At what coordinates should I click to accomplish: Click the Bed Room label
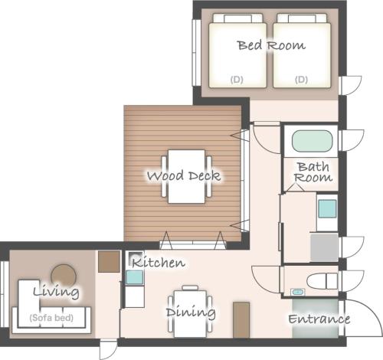(x=271, y=45)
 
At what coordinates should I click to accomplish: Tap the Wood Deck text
(x=184, y=175)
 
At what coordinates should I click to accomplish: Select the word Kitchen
(x=159, y=262)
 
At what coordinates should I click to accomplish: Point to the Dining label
(x=191, y=313)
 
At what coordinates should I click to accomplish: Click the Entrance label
(x=319, y=319)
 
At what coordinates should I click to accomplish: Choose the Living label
(x=56, y=291)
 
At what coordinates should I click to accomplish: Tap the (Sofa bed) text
(x=51, y=318)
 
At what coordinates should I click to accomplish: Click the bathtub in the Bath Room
(x=312, y=141)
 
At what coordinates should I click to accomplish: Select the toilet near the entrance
(x=322, y=280)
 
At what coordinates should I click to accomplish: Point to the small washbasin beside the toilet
(x=298, y=292)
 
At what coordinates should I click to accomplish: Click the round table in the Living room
(x=64, y=275)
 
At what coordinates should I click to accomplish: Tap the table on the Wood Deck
(x=186, y=176)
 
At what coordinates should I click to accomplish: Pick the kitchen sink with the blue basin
(x=135, y=277)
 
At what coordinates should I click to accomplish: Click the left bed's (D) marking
(x=237, y=80)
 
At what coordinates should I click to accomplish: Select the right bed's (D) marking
(x=301, y=80)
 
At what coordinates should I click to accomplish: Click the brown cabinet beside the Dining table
(x=241, y=320)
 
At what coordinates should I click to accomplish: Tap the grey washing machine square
(x=324, y=247)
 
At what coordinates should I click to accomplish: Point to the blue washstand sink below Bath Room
(x=327, y=208)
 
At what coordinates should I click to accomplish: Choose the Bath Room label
(x=313, y=172)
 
